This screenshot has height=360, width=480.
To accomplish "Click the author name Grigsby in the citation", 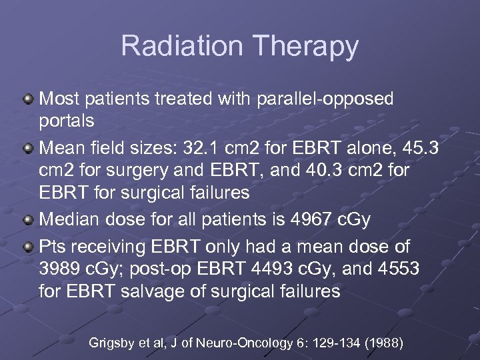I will [x=112, y=343].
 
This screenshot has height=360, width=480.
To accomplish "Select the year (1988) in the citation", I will [x=380, y=343].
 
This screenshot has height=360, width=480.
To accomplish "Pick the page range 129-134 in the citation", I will [x=329, y=343].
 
